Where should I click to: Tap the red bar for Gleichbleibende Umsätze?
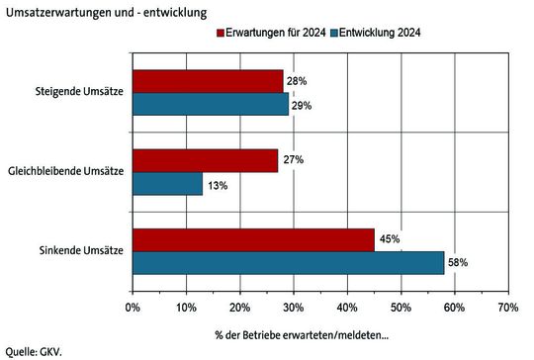click(x=205, y=160)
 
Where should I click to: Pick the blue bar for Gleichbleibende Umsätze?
click(x=167, y=183)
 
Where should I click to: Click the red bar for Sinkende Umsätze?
click(x=253, y=239)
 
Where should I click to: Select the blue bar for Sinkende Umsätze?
click(x=288, y=262)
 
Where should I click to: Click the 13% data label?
click(x=217, y=184)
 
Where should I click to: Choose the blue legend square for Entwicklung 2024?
click(x=335, y=34)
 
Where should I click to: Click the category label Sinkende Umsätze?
click(x=84, y=251)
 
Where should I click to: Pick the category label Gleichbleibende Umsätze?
click(x=64, y=172)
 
